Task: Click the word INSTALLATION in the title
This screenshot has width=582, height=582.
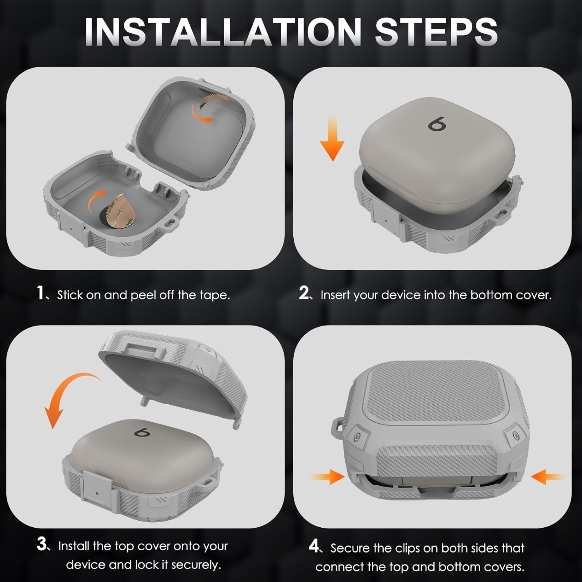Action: point(223,31)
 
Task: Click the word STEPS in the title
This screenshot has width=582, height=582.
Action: point(436,31)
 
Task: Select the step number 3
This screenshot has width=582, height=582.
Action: point(42,544)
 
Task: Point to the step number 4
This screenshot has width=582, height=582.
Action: point(314,546)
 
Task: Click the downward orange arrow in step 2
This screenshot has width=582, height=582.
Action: point(332,138)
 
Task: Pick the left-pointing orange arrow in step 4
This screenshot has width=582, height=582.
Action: point(547,476)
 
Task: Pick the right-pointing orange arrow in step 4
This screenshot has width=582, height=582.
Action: point(328,476)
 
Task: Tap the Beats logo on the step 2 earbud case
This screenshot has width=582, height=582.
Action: point(437,124)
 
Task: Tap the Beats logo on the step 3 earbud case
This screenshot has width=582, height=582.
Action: point(142,432)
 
